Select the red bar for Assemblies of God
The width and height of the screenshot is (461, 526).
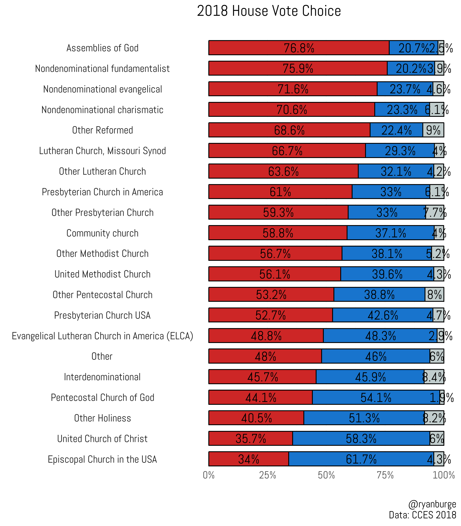[257, 48]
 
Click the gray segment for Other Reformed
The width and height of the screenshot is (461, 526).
[433, 130]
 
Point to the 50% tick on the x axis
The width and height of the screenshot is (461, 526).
[326, 475]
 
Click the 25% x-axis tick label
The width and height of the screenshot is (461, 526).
[268, 475]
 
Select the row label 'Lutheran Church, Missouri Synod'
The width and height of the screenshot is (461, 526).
[102, 151]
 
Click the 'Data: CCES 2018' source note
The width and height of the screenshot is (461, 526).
[422, 515]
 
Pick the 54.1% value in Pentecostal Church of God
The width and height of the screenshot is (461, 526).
[376, 398]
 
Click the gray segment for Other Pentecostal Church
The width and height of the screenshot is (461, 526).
[434, 295]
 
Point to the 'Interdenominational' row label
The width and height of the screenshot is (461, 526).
[102, 377]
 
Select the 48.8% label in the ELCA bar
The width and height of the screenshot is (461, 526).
[266, 336]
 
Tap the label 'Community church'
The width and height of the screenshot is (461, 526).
[102, 233]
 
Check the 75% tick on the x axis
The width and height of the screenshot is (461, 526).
[385, 475]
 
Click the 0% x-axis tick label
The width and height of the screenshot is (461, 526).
[209, 475]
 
